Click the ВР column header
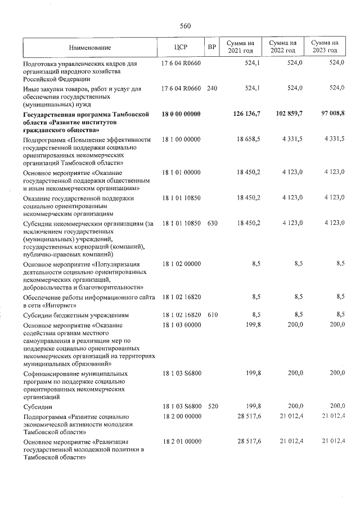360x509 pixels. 212,47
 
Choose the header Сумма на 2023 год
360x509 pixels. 325,47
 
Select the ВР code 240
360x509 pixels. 212,89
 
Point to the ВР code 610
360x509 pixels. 212,315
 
